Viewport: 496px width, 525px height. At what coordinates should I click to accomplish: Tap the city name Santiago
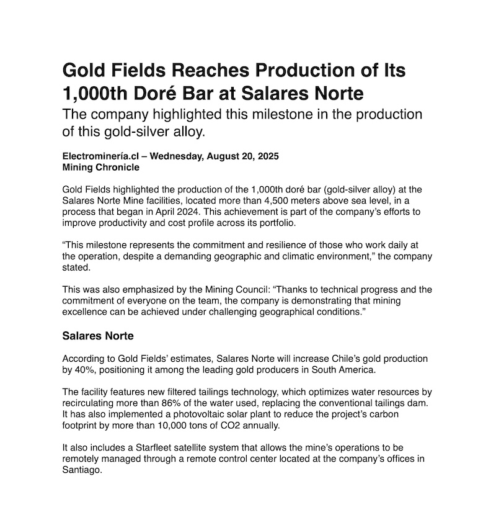tap(82, 470)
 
